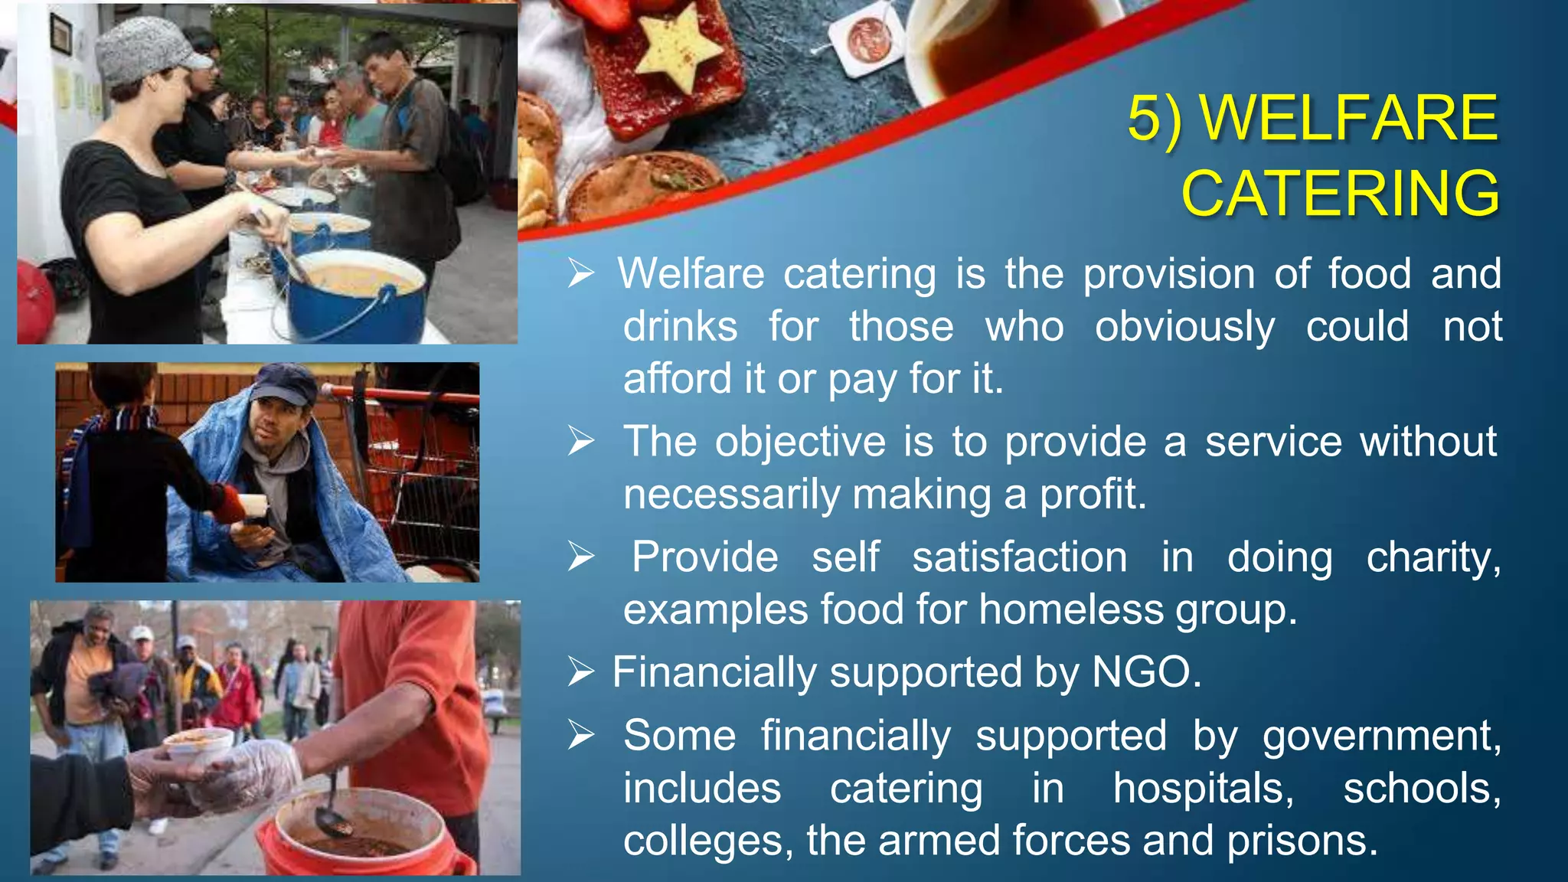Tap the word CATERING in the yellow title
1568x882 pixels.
pyautogui.click(x=1340, y=193)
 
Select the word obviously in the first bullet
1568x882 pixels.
pyautogui.click(x=1184, y=328)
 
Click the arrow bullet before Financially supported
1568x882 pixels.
pyautogui.click(x=581, y=672)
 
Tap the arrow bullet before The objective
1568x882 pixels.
pyautogui.click(x=581, y=441)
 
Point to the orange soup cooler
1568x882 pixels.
pyautogui.click(x=360, y=835)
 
